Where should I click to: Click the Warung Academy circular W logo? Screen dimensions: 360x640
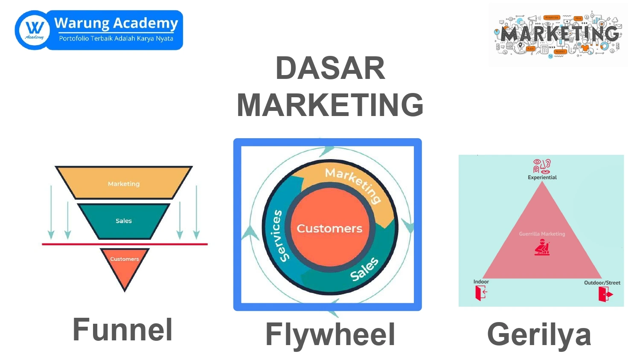[34, 30]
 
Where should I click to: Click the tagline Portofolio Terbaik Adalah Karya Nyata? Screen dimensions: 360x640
[116, 38]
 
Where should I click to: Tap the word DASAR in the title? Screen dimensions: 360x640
[330, 69]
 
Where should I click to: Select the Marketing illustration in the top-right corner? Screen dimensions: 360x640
[559, 35]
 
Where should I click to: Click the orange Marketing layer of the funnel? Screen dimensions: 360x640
[124, 183]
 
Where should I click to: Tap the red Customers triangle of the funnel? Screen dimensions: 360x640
[125, 267]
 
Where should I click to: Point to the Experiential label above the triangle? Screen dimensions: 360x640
[542, 177]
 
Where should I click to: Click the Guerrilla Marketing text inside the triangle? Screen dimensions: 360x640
[542, 234]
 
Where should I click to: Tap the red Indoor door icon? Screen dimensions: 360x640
[481, 293]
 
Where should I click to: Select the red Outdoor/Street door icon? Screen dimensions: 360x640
[605, 294]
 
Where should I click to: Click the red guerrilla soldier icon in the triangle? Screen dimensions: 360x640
[542, 247]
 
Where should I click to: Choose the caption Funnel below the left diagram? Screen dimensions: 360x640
[122, 330]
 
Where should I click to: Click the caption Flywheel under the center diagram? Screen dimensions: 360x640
[330, 334]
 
